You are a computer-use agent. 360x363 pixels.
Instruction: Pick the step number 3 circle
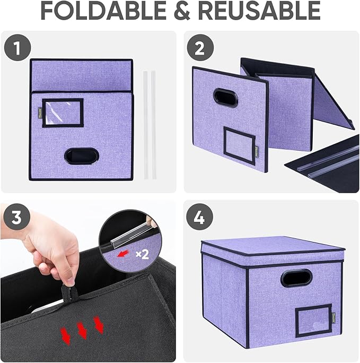[18, 217]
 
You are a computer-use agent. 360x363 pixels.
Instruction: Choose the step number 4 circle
[199, 217]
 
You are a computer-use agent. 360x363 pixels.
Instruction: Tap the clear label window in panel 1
[63, 113]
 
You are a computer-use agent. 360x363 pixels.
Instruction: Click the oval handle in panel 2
[225, 98]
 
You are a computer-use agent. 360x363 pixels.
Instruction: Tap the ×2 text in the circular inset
[142, 254]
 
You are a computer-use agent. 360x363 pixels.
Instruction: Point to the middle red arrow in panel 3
[81, 330]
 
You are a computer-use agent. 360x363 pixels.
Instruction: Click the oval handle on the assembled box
[296, 278]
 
